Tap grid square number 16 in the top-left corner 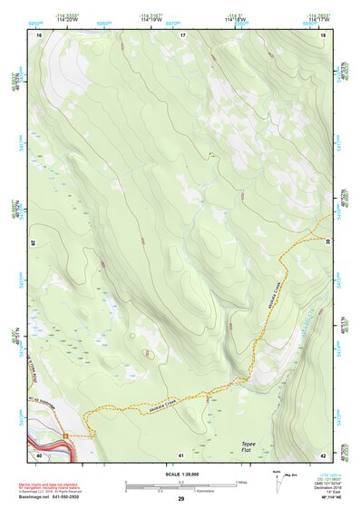pyautogui.click(x=39, y=34)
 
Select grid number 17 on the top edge pyautogui.click(x=181, y=34)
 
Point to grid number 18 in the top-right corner pyautogui.click(x=324, y=34)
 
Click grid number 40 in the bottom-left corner pyautogui.click(x=39, y=455)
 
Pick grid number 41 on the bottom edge pyautogui.click(x=181, y=455)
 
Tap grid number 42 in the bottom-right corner pyautogui.click(x=324, y=455)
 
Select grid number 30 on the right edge pyautogui.click(x=327, y=243)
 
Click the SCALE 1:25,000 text pyautogui.click(x=181, y=470)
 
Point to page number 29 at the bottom pyautogui.click(x=181, y=499)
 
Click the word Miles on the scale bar pyautogui.click(x=242, y=481)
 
